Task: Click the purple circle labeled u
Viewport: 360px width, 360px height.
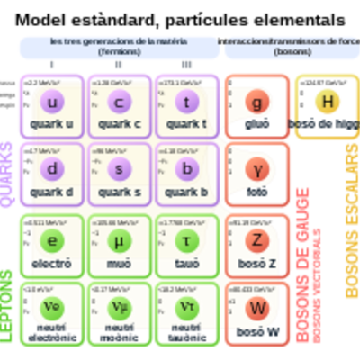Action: coord(51,101)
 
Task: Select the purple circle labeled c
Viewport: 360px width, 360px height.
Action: coord(119,101)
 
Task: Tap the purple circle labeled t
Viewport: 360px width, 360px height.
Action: coord(185,101)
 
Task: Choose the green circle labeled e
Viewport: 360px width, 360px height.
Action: coord(51,238)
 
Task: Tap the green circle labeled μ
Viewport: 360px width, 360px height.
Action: coord(119,238)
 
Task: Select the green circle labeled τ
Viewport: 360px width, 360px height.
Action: coord(185,238)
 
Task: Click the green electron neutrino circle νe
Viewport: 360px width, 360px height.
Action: coord(51,306)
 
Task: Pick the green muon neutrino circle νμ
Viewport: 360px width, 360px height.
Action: coord(119,306)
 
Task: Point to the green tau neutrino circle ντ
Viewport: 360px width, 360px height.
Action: coord(185,306)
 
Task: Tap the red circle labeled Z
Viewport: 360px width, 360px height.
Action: coord(258,238)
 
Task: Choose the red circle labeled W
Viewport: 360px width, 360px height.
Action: coord(258,306)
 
